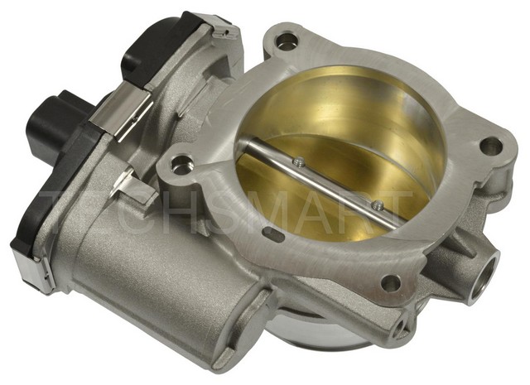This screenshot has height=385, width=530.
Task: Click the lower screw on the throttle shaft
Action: pos(376,205)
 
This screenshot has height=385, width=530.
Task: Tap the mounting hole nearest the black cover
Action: pos(287,41)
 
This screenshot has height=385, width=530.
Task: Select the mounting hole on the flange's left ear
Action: pos(180,165)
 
